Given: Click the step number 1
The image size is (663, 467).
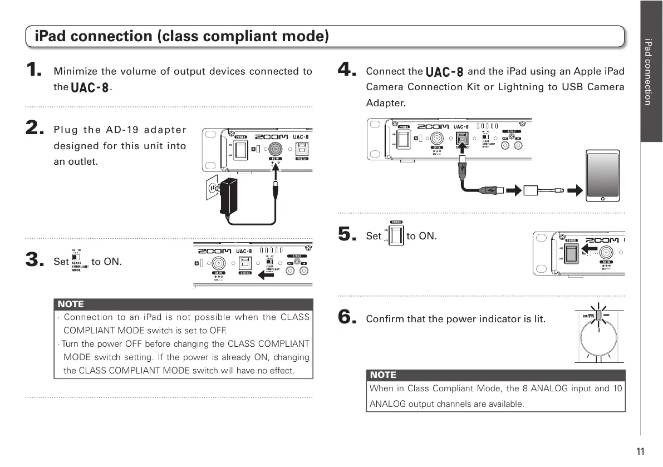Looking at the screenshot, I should pyautogui.click(x=35, y=71).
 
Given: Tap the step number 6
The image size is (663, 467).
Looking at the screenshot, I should pyautogui.click(x=347, y=318).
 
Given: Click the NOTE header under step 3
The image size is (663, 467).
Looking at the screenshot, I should pyautogui.click(x=71, y=304).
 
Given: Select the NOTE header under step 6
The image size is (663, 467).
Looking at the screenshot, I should pyautogui.click(x=383, y=375).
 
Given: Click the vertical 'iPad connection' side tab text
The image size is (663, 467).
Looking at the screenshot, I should pyautogui.click(x=647, y=71).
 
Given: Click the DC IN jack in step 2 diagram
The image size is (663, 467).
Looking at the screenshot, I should pyautogui.click(x=274, y=149).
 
